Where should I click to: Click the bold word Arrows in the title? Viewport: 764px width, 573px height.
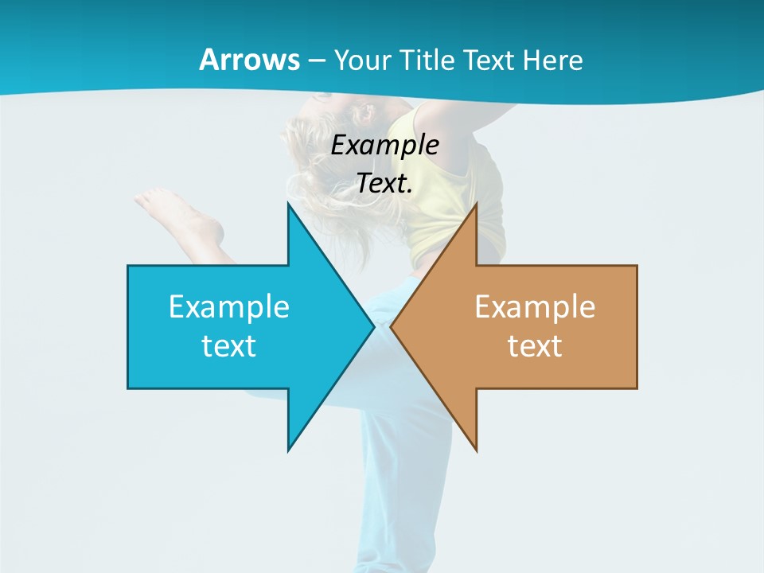(248, 60)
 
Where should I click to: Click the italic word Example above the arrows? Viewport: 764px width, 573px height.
(384, 146)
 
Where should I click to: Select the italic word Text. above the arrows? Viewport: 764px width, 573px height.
(384, 183)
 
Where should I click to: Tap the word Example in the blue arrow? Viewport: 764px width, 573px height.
(229, 306)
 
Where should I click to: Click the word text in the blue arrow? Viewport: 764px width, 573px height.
(229, 345)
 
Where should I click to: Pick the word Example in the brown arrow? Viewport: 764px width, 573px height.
(535, 306)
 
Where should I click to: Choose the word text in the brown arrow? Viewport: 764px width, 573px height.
(535, 345)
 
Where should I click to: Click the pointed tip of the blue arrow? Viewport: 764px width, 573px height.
(373, 326)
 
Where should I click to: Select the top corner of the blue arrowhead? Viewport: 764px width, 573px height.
(288, 205)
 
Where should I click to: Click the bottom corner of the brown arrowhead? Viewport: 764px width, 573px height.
(476, 450)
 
